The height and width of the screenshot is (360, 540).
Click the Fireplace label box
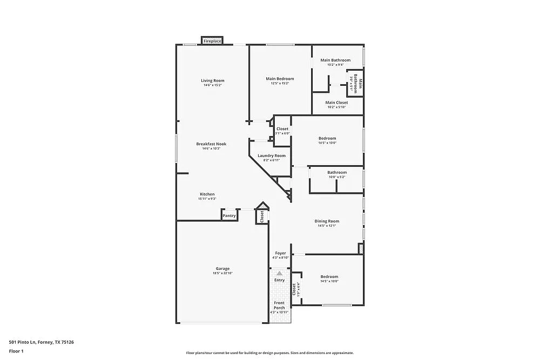coord(212,41)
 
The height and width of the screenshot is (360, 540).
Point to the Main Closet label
coord(336,103)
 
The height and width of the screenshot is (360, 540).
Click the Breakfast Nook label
coord(211,144)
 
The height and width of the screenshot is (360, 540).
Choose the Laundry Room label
coord(272,155)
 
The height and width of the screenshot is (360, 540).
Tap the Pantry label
coord(230,216)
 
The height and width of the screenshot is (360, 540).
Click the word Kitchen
coord(207,194)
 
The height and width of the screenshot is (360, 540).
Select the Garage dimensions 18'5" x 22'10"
coord(222,274)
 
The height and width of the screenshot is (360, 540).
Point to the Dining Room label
coord(327,221)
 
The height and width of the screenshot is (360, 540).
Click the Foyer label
coord(280,253)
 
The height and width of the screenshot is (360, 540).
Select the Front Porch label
coord(279,305)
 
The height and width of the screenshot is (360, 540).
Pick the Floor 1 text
coord(16,351)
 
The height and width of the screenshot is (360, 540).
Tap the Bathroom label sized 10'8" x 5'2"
coord(337,173)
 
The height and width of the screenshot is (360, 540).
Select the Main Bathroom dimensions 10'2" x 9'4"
coord(335,65)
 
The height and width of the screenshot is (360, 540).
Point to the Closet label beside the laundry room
coord(282,129)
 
